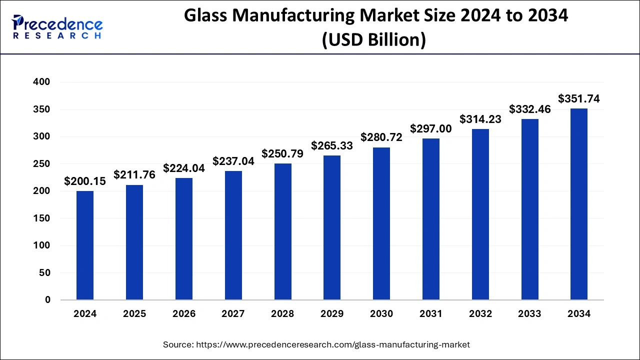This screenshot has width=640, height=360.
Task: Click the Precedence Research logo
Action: (x=57, y=27)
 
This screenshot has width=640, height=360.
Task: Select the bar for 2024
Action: (x=85, y=245)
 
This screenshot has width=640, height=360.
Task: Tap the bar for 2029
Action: (x=332, y=227)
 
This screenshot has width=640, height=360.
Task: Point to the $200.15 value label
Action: (x=85, y=181)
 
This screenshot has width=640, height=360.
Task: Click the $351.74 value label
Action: (x=579, y=98)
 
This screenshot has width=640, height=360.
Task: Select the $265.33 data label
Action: (x=332, y=146)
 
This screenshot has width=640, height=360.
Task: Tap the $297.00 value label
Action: (x=431, y=129)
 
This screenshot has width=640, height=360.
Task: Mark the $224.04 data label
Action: (x=184, y=168)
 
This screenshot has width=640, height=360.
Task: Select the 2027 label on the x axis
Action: (x=233, y=314)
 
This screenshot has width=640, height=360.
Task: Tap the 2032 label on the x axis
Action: (x=480, y=314)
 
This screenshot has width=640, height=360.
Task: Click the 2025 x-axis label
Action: (x=134, y=314)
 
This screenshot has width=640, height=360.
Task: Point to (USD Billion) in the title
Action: (x=374, y=39)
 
